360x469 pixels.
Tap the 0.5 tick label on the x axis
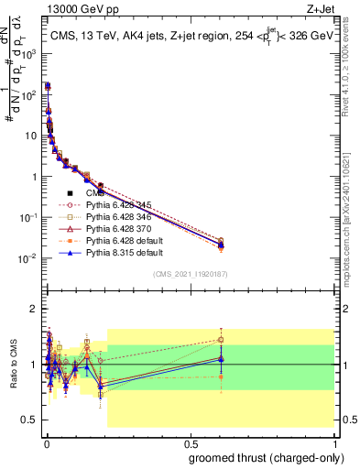pos(190,442)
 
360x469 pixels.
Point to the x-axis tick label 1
pos(335,442)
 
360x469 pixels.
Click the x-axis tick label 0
pos(46,442)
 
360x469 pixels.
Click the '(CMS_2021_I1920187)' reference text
pos(191,273)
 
